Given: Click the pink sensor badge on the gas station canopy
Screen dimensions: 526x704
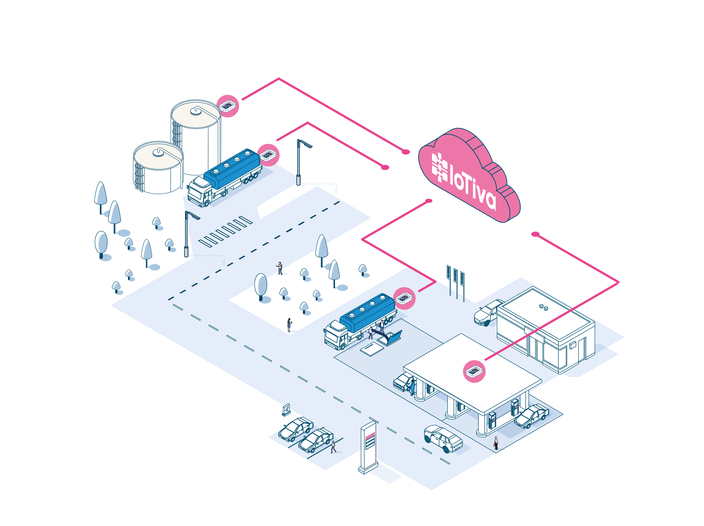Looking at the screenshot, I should [x=474, y=371].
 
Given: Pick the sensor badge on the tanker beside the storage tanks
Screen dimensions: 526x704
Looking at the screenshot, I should [x=268, y=155].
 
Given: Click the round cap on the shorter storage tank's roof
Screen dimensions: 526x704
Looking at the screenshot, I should [x=158, y=153].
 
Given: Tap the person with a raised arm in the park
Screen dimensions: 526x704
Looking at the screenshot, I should [x=280, y=268].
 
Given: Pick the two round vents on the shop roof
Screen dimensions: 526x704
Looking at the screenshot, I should [x=543, y=307].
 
